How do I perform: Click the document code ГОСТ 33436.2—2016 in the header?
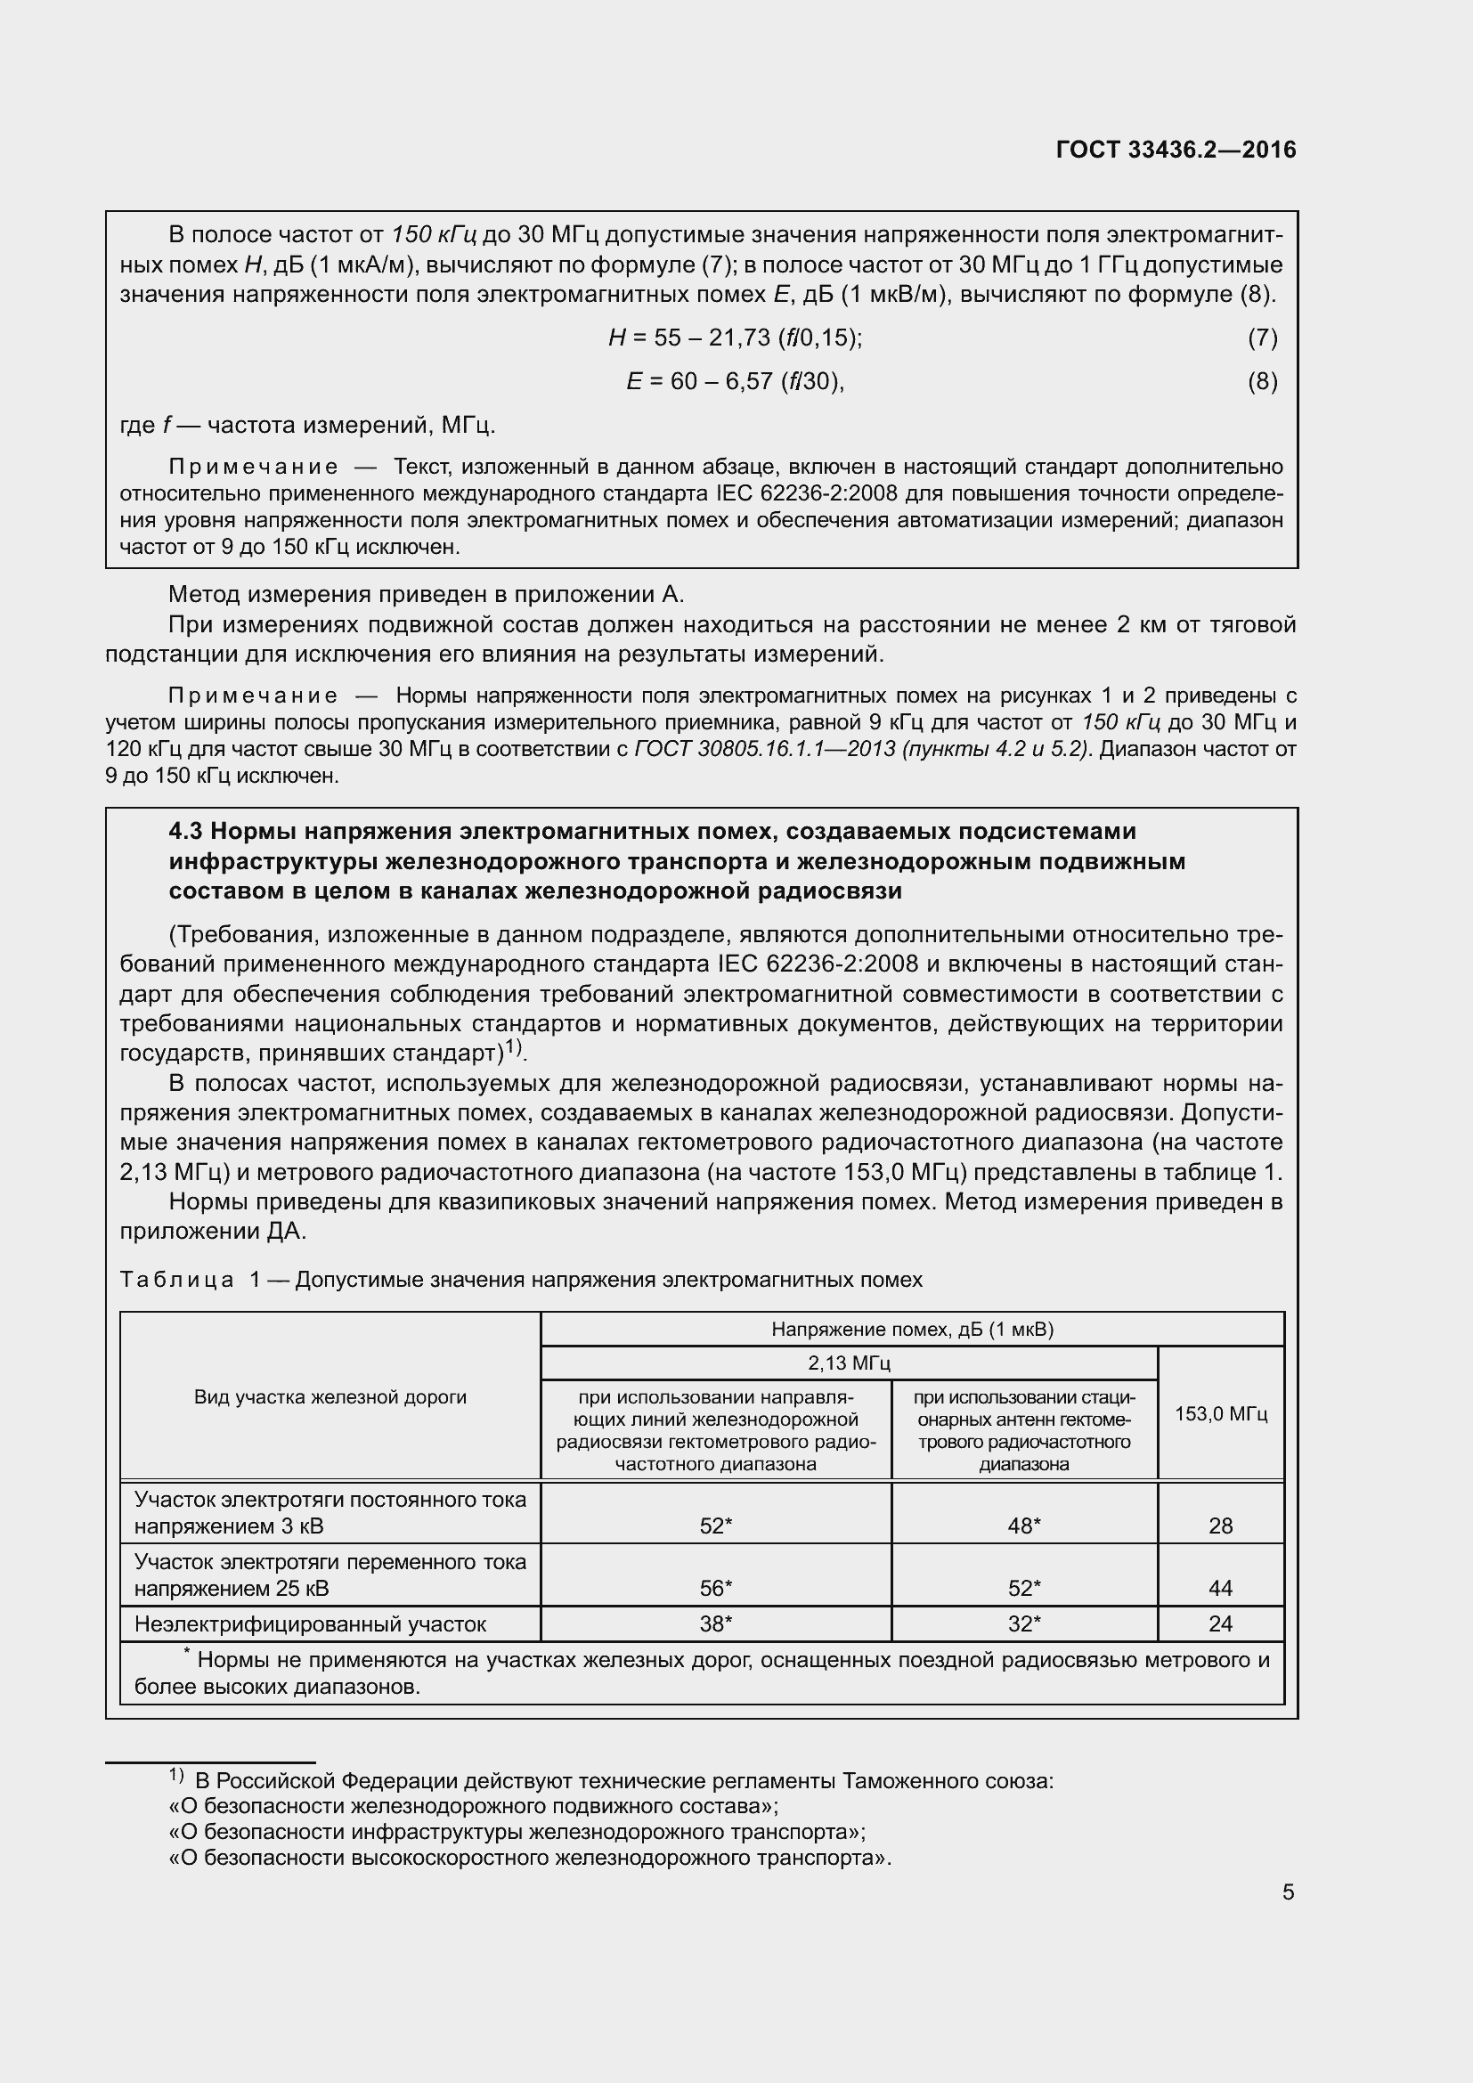[1176, 150]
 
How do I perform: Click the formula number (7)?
[1263, 338]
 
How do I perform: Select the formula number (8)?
[1263, 381]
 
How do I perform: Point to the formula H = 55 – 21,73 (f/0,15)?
[735, 338]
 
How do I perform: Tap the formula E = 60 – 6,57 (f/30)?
[735, 381]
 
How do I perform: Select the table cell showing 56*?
[716, 1589]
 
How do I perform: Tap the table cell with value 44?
[1220, 1589]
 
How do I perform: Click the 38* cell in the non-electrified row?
[716, 1624]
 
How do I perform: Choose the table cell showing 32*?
[1024, 1624]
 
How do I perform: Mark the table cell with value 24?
[1220, 1624]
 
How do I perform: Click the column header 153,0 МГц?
[1221, 1413]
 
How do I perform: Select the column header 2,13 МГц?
[849, 1363]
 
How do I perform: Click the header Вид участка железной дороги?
[330, 1397]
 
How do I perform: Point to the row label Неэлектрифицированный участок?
[310, 1624]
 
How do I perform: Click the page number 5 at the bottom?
[1288, 1892]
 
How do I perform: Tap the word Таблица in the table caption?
[177, 1280]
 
